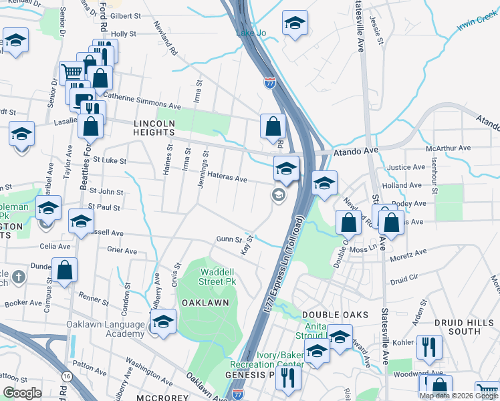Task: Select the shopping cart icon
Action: [x=71, y=71]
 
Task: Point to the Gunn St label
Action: [x=229, y=239]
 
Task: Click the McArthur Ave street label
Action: [x=453, y=148]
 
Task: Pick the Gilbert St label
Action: [x=125, y=15]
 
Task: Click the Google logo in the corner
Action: [x=22, y=393]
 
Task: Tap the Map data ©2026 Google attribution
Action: [x=459, y=396]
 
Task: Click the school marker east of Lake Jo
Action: [x=295, y=24]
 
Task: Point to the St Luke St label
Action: [x=110, y=160]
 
